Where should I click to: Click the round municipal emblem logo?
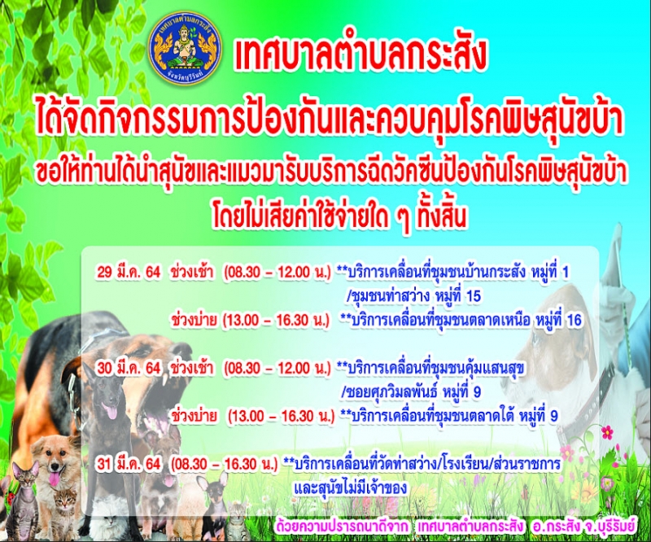click(185, 49)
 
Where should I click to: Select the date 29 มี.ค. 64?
click(129, 272)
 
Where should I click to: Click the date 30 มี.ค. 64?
click(129, 368)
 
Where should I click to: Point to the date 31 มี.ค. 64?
click(129, 464)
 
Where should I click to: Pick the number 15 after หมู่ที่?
click(474, 296)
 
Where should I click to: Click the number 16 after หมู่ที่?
click(574, 320)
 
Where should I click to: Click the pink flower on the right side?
click(607, 432)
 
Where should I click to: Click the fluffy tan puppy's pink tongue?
click(55, 479)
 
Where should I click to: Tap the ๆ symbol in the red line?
click(402, 220)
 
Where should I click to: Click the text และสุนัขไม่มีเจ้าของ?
click(350, 488)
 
